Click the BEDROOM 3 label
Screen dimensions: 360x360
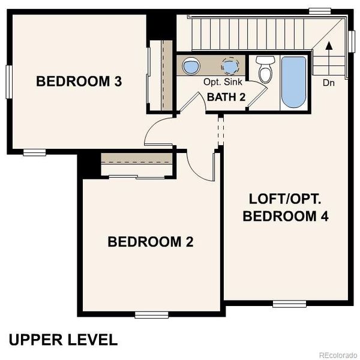click(x=79, y=81)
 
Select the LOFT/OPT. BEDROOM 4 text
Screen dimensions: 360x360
click(x=286, y=207)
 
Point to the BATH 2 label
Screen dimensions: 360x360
click(x=226, y=97)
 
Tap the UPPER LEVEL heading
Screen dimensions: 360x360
click(x=62, y=340)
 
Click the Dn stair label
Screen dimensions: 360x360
click(x=328, y=83)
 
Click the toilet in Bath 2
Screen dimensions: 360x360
click(x=264, y=69)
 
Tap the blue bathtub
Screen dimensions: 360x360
click(x=293, y=82)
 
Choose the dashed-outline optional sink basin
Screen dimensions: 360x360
click(x=229, y=65)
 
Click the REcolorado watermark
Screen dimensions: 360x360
click(x=337, y=353)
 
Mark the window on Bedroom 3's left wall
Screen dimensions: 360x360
click(x=9, y=81)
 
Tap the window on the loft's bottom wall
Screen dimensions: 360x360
click(x=290, y=303)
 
